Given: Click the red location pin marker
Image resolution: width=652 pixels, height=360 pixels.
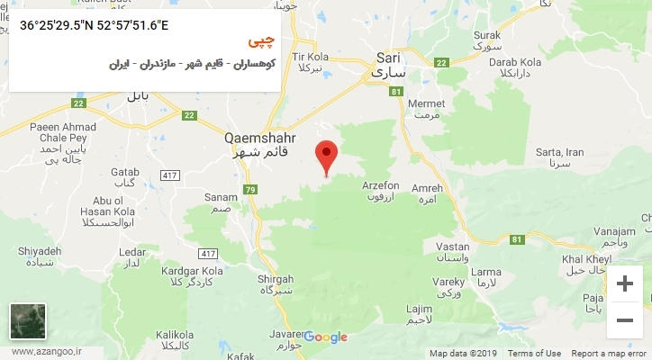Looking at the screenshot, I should point(327,156).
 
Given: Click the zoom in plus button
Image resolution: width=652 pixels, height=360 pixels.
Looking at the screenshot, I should point(624,284).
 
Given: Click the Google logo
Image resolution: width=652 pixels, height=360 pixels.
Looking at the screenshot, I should point(325,337).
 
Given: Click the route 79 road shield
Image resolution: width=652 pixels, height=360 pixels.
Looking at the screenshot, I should point(249,189).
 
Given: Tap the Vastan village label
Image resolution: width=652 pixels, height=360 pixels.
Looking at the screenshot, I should point(452,251).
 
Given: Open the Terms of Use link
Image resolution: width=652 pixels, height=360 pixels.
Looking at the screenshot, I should point(534,354).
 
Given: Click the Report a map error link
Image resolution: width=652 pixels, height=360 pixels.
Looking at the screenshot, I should point(609,354).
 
